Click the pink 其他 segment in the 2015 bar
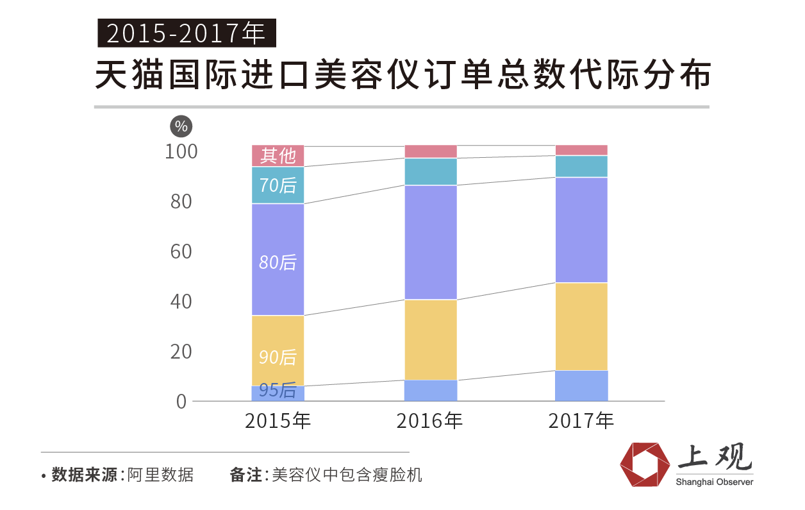pyautogui.click(x=278, y=155)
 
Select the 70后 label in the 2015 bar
pyautogui.click(x=278, y=185)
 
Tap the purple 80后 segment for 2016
pyautogui.click(x=430, y=242)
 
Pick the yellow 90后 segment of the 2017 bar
pyautogui.click(x=581, y=326)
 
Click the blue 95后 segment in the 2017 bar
pyautogui.click(x=581, y=386)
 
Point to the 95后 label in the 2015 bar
pyautogui.click(x=278, y=391)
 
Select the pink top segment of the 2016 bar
pyautogui.click(x=430, y=151)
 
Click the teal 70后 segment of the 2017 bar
pyautogui.click(x=581, y=166)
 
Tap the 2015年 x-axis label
pyautogui.click(x=278, y=421)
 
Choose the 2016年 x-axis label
pyautogui.click(x=429, y=421)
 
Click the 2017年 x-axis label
pyautogui.click(x=581, y=421)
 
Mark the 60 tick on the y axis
pyautogui.click(x=181, y=251)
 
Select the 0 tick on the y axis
pyautogui.click(x=181, y=402)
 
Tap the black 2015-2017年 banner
pyautogui.click(x=187, y=33)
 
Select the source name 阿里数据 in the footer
pyautogui.click(x=160, y=475)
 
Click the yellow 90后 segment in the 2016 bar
pyautogui.click(x=430, y=339)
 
